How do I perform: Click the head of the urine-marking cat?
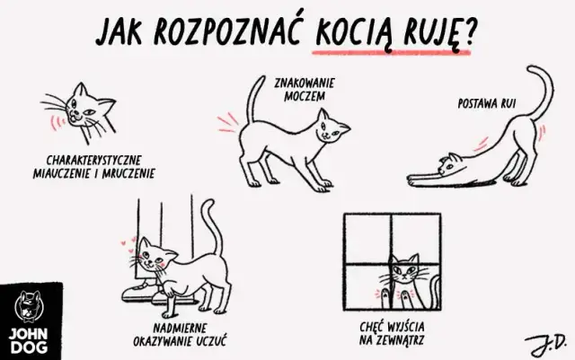(x=332, y=130)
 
